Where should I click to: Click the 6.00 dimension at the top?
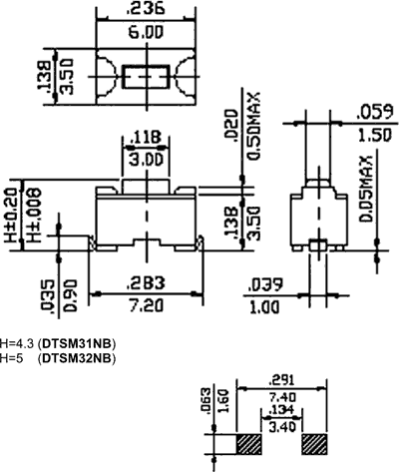click(147, 32)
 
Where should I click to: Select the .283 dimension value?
click(146, 280)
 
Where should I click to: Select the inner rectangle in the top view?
click(147, 77)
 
